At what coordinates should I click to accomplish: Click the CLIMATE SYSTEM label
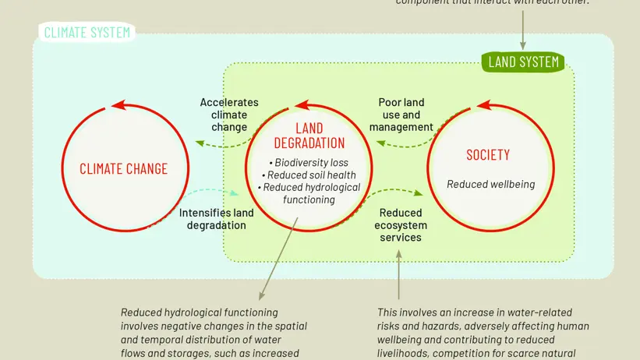[x=86, y=33]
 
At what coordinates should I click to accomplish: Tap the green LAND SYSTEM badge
[x=523, y=62]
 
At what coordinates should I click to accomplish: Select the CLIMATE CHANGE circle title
[x=123, y=168]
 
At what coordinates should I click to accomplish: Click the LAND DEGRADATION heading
[x=309, y=136]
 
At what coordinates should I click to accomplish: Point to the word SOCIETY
[x=488, y=154]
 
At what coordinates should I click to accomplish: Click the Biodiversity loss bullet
[x=309, y=162]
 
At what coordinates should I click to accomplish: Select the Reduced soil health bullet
[x=309, y=175]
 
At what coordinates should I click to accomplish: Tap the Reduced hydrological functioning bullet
[x=309, y=193]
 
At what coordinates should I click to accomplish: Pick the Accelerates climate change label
[x=229, y=115]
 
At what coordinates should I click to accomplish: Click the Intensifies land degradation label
[x=217, y=218]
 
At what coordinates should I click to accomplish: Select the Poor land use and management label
[x=401, y=115]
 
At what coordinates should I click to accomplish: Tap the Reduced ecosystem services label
[x=401, y=224]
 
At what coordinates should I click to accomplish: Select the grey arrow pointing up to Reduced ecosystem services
[x=399, y=265]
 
